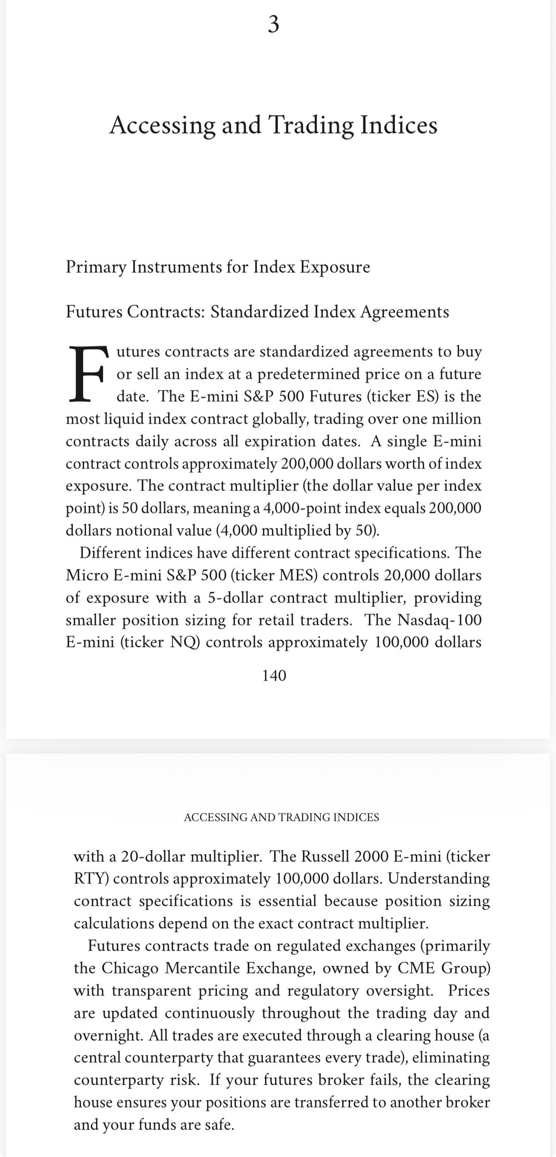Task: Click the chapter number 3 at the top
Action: click(273, 24)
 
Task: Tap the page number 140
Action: click(274, 675)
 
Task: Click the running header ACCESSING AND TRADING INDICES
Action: click(281, 817)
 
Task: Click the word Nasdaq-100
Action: click(440, 620)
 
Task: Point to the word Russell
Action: click(325, 856)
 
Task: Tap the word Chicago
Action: click(130, 968)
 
